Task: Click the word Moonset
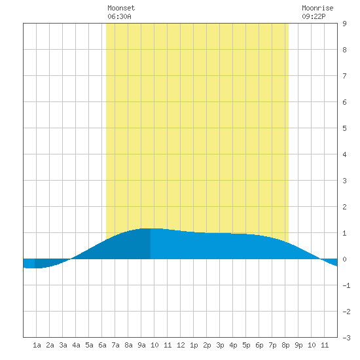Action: pos(121,8)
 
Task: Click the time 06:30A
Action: pos(119,16)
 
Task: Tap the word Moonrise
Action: pos(317,8)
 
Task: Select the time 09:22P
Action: pos(314,16)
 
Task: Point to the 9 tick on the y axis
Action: pos(344,24)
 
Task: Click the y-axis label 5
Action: pos(344,128)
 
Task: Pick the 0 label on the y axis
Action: pos(344,259)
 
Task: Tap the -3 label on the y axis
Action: pos(346,338)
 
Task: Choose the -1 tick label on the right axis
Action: pos(346,285)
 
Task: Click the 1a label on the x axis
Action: pos(37,345)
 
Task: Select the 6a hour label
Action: pos(102,345)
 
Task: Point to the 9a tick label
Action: pos(141,345)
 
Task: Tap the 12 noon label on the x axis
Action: pos(181,345)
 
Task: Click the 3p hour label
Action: pos(220,345)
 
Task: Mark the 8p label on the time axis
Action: pos(285,345)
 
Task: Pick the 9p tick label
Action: pos(298,345)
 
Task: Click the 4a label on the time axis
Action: pos(76,345)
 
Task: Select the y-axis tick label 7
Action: pos(344,76)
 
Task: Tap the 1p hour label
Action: pos(194,345)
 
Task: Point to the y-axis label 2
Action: pos(344,207)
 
